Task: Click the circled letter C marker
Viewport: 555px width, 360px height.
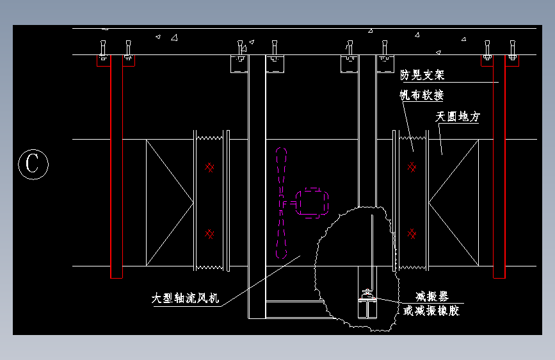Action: pyautogui.click(x=33, y=164)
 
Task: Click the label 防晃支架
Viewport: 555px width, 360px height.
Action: pyautogui.click(x=422, y=75)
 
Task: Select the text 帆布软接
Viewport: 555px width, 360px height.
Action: pyautogui.click(x=422, y=95)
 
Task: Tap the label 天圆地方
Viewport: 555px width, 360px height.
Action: pyautogui.click(x=458, y=116)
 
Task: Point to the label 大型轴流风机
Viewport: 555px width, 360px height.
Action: pyautogui.click(x=185, y=298)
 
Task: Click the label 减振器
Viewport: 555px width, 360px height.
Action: pyautogui.click(x=432, y=296)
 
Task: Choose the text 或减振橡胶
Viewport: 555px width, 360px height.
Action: pyautogui.click(x=431, y=311)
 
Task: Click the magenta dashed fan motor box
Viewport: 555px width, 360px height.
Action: pyautogui.click(x=312, y=202)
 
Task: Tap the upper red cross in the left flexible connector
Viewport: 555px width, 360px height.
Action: pyautogui.click(x=209, y=167)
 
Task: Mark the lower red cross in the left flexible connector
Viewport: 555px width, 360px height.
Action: pyautogui.click(x=209, y=234)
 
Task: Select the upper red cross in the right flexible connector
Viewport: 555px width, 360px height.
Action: pyautogui.click(x=412, y=167)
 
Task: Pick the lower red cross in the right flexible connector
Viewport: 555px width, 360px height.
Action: pyautogui.click(x=412, y=234)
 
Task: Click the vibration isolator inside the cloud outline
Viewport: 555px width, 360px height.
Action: pyautogui.click(x=367, y=304)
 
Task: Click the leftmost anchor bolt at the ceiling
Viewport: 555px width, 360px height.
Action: pyautogui.click(x=103, y=50)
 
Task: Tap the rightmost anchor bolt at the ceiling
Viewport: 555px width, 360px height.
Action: pyautogui.click(x=512, y=50)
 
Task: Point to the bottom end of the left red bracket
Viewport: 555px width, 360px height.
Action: pyautogui.click(x=117, y=278)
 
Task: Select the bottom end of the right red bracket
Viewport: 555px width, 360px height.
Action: pyautogui.click(x=499, y=278)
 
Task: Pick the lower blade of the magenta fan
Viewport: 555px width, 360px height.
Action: pyautogui.click(x=282, y=234)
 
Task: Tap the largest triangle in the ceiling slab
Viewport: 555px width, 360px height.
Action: pyautogui.click(x=174, y=38)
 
